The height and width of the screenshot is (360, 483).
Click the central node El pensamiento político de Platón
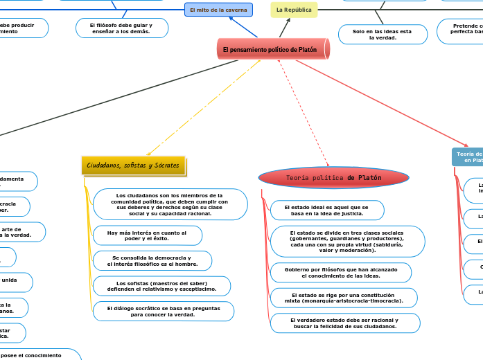click(x=273, y=49)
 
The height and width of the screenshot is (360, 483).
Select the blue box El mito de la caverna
click(x=218, y=10)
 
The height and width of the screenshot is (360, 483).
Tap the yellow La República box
click(x=294, y=10)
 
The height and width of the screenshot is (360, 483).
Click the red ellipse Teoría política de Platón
click(x=333, y=178)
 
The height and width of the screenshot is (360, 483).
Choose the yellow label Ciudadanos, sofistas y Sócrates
click(x=133, y=165)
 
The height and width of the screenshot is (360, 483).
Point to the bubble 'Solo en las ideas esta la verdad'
click(x=382, y=35)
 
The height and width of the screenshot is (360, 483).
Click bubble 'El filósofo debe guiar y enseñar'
click(x=121, y=28)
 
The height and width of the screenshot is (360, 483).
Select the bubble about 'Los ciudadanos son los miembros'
click(x=170, y=204)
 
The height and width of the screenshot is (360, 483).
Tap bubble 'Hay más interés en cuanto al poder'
click(x=147, y=235)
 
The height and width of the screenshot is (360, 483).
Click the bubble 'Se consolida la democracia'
click(x=152, y=260)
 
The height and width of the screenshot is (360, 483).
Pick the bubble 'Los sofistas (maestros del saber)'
click(x=161, y=286)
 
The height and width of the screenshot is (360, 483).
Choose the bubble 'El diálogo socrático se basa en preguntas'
click(x=163, y=311)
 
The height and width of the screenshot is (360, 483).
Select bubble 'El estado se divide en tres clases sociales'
click(x=346, y=241)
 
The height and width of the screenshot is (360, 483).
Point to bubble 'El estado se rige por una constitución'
click(x=344, y=298)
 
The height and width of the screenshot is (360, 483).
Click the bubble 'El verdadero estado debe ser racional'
click(x=344, y=323)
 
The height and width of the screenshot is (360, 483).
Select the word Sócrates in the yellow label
click(x=166, y=165)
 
